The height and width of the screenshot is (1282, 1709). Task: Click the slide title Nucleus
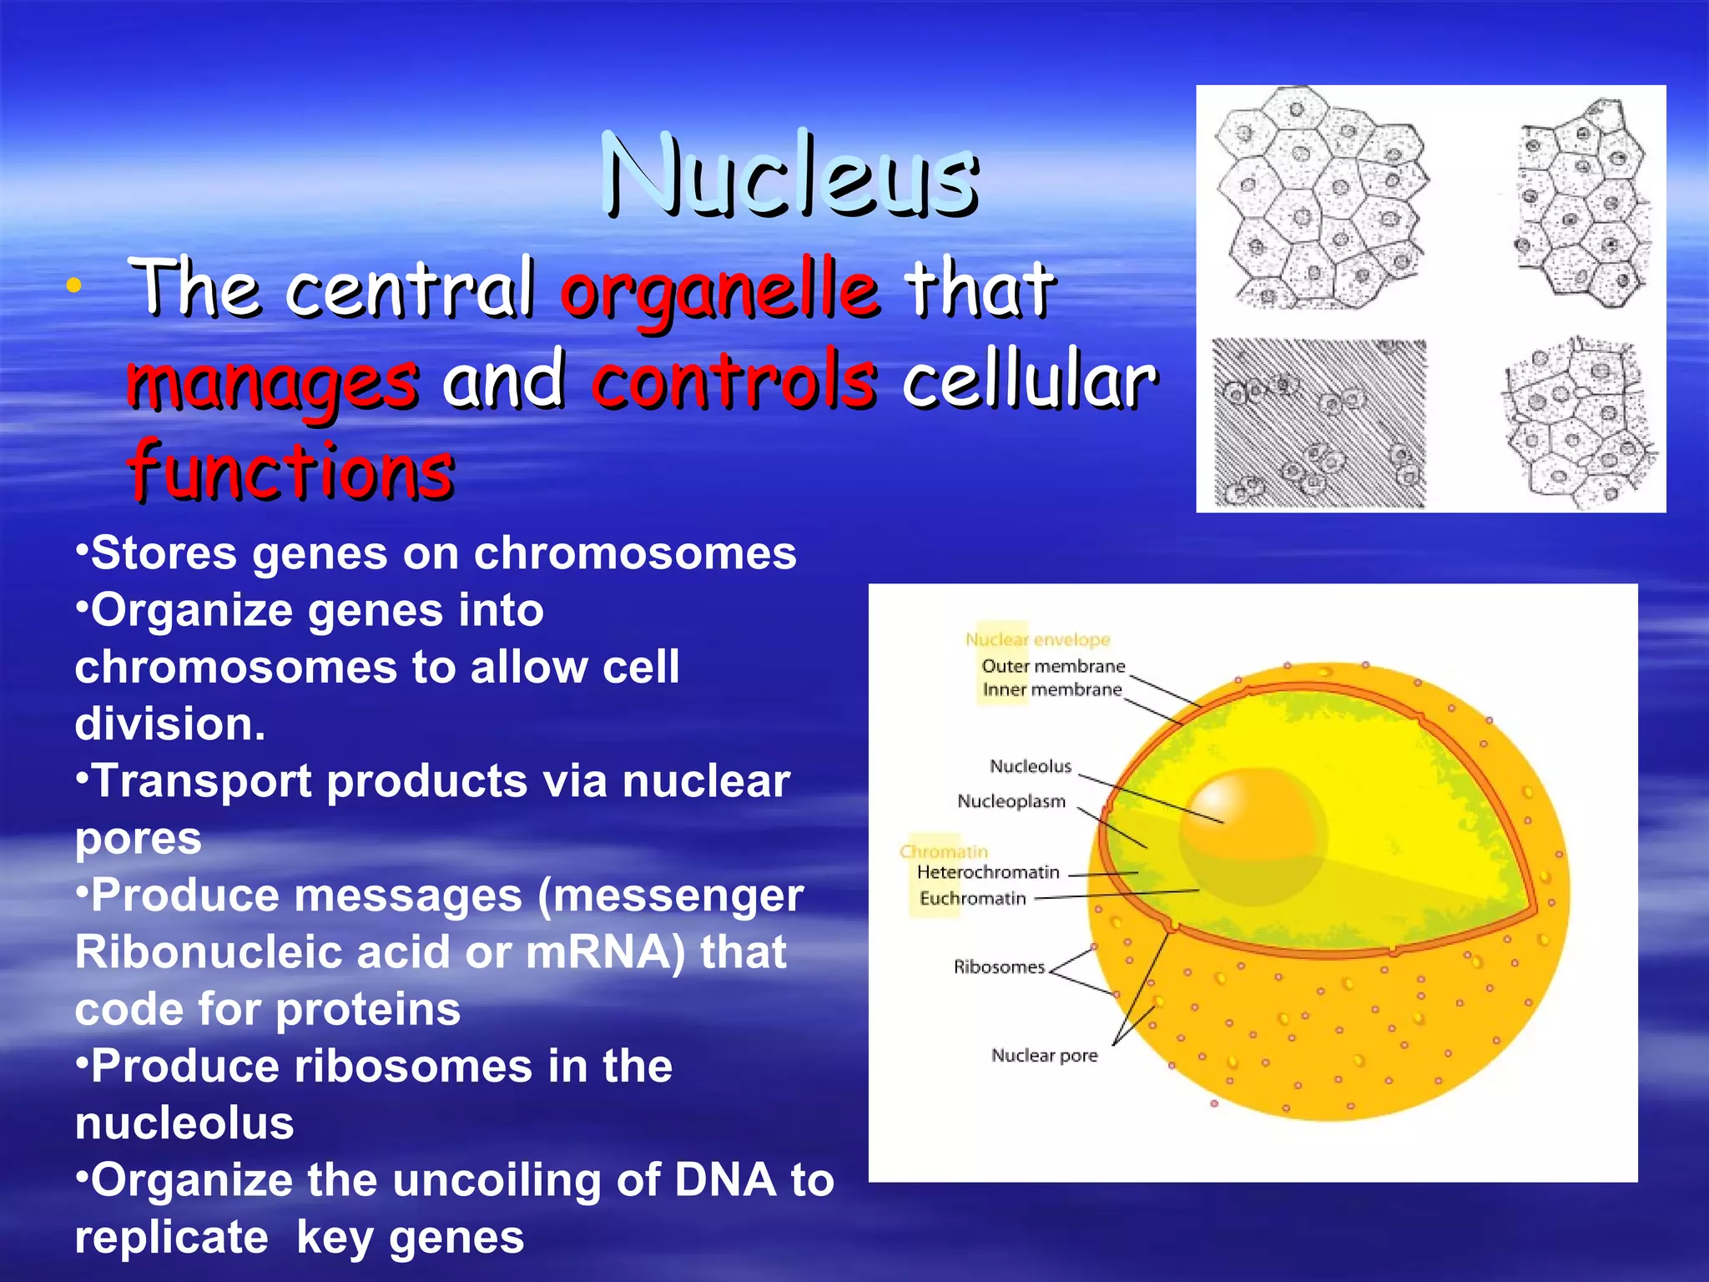tap(789, 177)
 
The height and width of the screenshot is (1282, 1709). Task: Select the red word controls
tap(734, 381)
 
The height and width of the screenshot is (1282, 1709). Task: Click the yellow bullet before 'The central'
tap(74, 286)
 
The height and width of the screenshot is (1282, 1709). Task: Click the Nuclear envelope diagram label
tap(1037, 639)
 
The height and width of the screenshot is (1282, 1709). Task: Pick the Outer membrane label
tap(1053, 666)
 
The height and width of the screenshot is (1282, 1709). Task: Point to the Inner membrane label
tap(1051, 689)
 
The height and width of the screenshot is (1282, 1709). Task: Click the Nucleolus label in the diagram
tap(1030, 766)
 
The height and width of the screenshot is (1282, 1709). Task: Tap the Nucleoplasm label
tap(1011, 801)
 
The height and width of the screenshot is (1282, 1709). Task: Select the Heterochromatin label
tap(987, 872)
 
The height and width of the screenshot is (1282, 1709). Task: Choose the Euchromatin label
tap(972, 898)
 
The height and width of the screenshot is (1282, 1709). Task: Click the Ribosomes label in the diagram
tap(998, 967)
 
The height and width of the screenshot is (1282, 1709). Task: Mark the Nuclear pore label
tap(1044, 1055)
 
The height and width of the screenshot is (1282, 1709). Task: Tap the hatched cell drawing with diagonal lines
tap(1318, 423)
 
